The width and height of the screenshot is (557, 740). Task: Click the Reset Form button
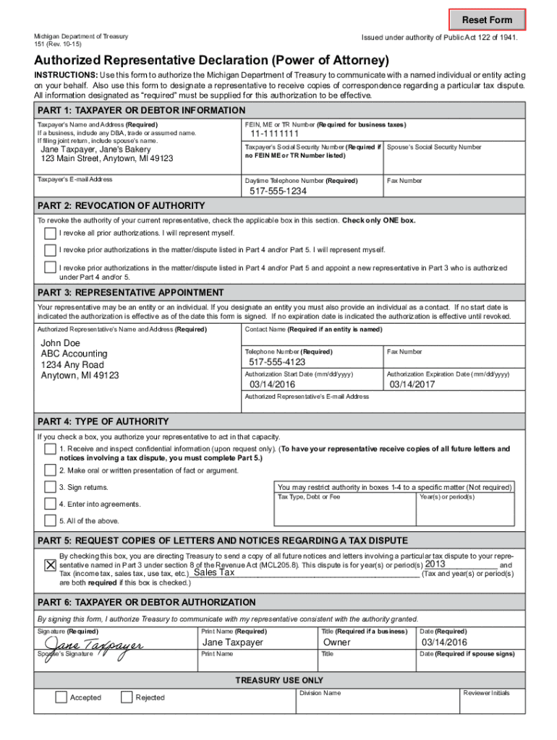pyautogui.click(x=487, y=20)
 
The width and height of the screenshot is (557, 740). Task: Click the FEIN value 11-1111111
pyautogui.click(x=275, y=134)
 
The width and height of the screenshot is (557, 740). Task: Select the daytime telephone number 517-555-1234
pyautogui.click(x=278, y=192)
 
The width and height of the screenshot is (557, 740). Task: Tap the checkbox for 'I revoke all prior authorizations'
pyautogui.click(x=49, y=233)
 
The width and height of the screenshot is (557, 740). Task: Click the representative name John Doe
pyautogui.click(x=61, y=343)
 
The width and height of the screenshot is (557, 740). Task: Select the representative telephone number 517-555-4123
pyautogui.click(x=277, y=362)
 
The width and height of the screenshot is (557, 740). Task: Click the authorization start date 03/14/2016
pyautogui.click(x=272, y=384)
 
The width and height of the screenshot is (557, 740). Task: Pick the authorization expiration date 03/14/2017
pyautogui.click(x=413, y=384)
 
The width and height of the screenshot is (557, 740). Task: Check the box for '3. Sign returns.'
pyautogui.click(x=49, y=487)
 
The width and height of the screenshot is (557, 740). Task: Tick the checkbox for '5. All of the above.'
pyautogui.click(x=49, y=520)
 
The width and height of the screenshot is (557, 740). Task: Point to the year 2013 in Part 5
pyautogui.click(x=435, y=564)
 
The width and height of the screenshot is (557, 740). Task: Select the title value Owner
pyautogui.click(x=337, y=642)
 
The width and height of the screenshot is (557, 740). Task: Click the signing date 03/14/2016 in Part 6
pyautogui.click(x=444, y=642)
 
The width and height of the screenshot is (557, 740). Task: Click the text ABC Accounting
pyautogui.click(x=74, y=353)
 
